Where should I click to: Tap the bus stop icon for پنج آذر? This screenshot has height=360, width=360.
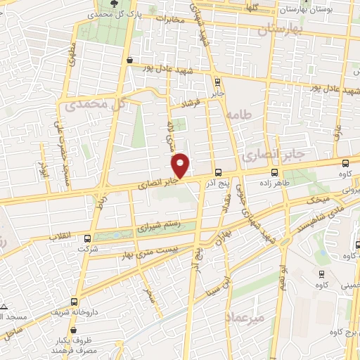(x=218, y=172)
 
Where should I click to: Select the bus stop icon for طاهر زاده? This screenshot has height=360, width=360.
(x=274, y=172)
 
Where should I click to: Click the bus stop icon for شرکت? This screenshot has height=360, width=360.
(x=87, y=238)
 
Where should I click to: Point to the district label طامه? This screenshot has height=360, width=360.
(x=239, y=113)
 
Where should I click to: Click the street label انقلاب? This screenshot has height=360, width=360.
(x=62, y=238)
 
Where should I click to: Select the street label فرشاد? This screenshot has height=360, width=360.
(x=191, y=104)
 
